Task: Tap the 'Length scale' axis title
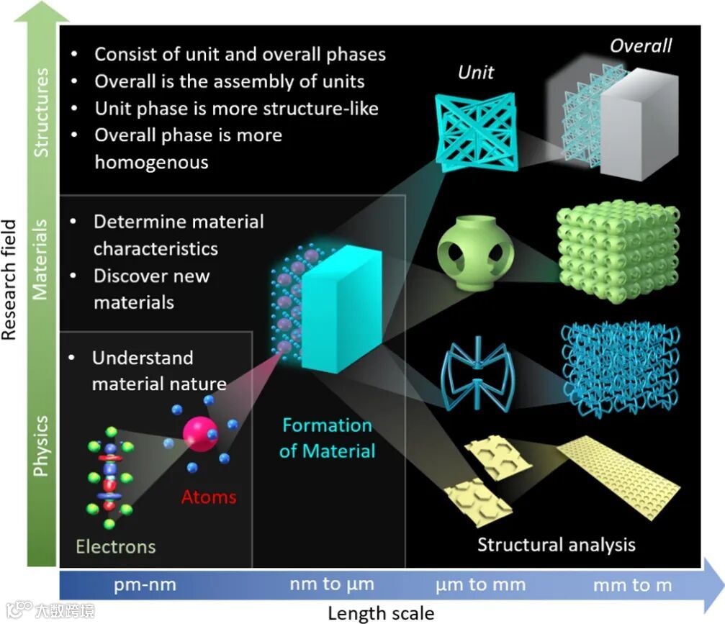pos(381,613)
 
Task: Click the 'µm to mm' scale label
pos(481,584)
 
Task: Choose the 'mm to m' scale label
pos(632,585)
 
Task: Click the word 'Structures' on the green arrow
pos(42,112)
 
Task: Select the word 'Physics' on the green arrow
pos(42,445)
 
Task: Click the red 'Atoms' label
pos(208,497)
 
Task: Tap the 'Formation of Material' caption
pos(328,438)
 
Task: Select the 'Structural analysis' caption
pos(556,543)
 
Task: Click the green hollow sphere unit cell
pos(476,256)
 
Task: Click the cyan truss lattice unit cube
pos(476,127)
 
